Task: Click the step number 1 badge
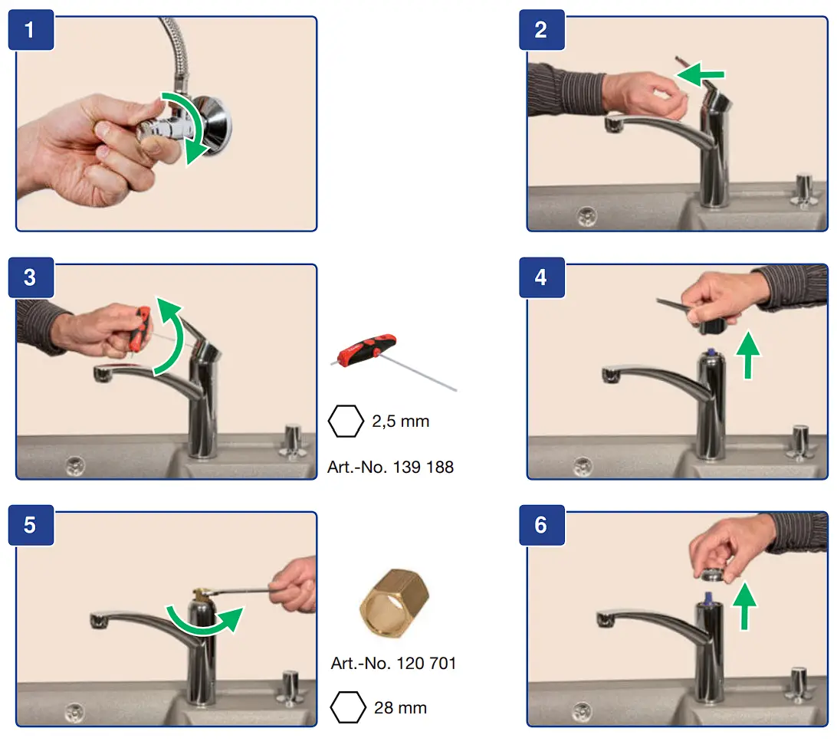click(31, 30)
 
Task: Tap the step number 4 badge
click(542, 277)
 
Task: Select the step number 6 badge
click(542, 525)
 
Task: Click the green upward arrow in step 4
click(748, 355)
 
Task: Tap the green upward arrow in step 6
click(745, 606)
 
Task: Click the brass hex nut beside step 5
click(395, 603)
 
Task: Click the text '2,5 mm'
click(400, 422)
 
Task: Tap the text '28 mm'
click(400, 708)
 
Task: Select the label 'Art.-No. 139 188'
click(391, 467)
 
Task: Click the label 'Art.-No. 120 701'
click(393, 663)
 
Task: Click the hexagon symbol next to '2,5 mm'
click(346, 422)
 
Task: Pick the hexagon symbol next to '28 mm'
click(348, 707)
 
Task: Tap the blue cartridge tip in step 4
click(711, 353)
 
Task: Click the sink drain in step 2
click(586, 216)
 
